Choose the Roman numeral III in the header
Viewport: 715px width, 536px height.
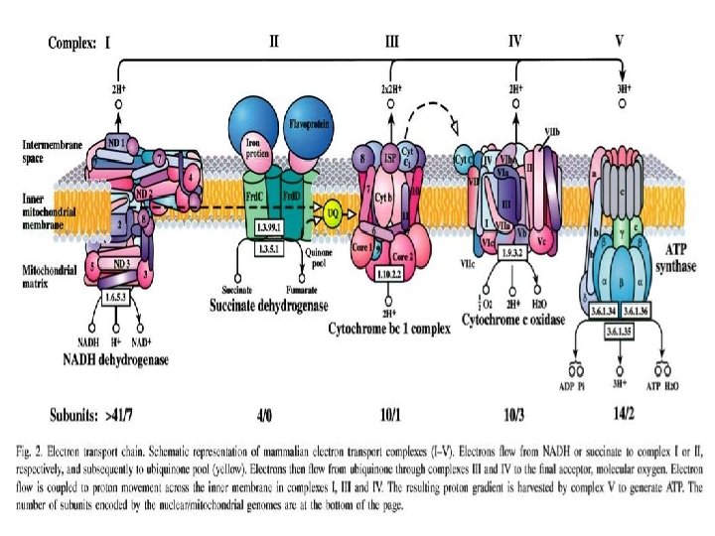click(392, 42)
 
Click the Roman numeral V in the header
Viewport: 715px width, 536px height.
click(620, 42)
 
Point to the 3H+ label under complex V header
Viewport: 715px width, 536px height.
click(624, 87)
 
